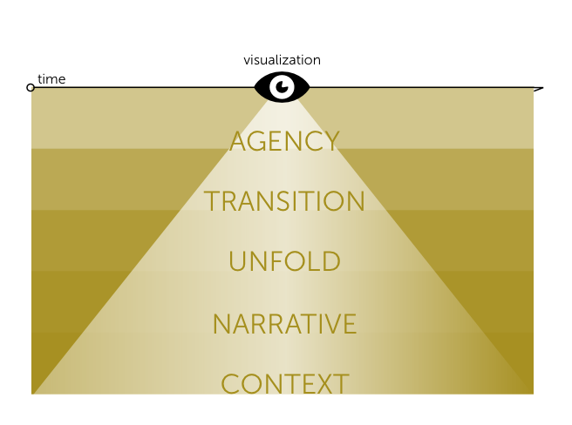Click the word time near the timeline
(x=51, y=79)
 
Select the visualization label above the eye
(x=282, y=60)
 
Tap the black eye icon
(x=282, y=87)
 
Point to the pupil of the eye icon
(x=282, y=86)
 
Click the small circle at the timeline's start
(x=31, y=87)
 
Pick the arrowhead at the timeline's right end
(x=538, y=88)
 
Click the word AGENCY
(x=284, y=141)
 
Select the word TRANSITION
(x=284, y=202)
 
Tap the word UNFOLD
(x=284, y=262)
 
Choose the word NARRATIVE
(x=284, y=324)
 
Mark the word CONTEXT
(x=284, y=384)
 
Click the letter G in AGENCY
(x=260, y=141)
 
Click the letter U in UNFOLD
(x=236, y=262)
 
